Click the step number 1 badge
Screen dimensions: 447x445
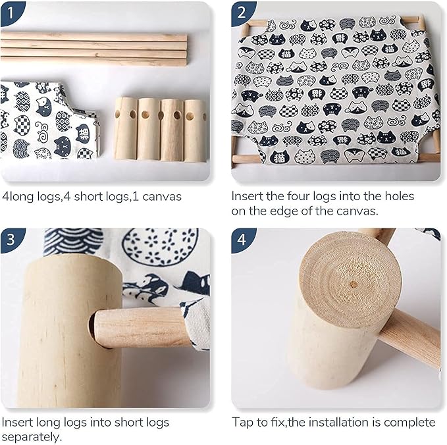coord(11,13)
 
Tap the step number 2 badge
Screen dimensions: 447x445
coord(242,13)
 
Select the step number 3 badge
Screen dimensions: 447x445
coord(11,240)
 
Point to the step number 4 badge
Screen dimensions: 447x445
coord(242,240)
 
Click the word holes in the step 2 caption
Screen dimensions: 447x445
coord(400,196)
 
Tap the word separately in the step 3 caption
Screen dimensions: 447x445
coord(32,437)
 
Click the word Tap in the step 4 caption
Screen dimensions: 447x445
coord(242,423)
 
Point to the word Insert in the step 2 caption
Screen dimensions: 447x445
coord(247,196)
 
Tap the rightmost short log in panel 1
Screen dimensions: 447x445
coord(196,130)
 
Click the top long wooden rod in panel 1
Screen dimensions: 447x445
coord(93,36)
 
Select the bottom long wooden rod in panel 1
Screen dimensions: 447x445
coord(93,61)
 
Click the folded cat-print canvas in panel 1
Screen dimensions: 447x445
coord(49,120)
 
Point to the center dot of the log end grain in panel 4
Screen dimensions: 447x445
coord(354,284)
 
